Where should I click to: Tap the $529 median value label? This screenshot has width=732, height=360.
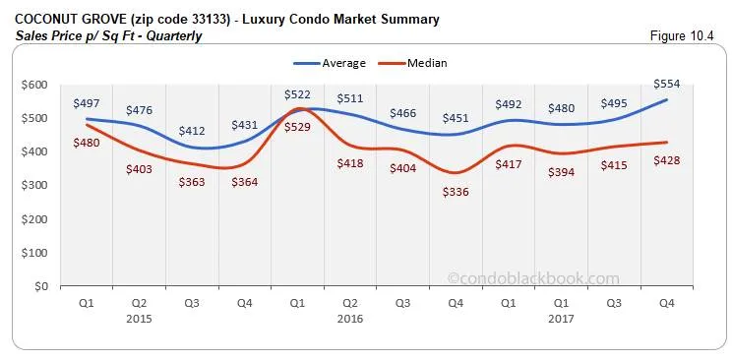point(297,126)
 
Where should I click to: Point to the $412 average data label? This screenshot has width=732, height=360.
point(192,131)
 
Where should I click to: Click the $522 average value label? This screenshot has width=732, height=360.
point(297,93)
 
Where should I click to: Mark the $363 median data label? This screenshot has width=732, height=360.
point(192,182)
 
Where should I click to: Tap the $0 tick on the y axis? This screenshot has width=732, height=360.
point(40,286)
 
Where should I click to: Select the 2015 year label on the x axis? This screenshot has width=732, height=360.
point(139,318)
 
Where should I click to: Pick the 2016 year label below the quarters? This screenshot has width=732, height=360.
point(351,318)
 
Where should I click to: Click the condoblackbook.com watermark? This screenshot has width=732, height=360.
point(533,278)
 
